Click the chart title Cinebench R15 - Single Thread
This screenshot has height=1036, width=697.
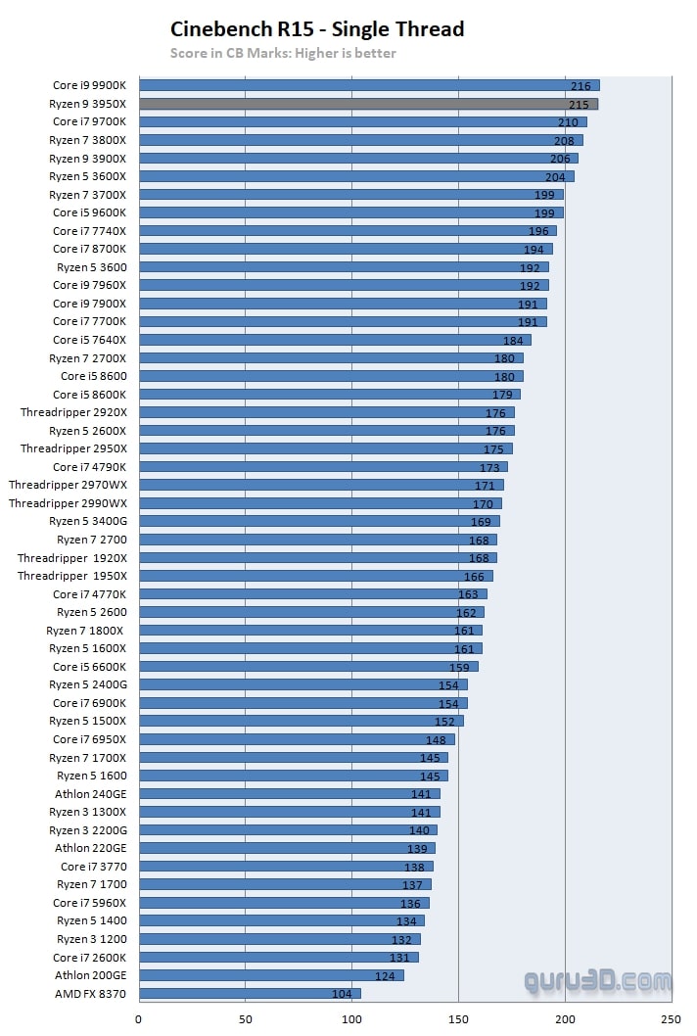pos(317,29)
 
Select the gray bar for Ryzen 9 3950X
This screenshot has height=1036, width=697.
pos(368,104)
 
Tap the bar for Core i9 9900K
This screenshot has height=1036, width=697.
pos(369,86)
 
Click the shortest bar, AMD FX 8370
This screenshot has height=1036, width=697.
pos(250,994)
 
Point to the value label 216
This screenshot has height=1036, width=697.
pos(581,86)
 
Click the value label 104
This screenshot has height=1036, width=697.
pos(343,994)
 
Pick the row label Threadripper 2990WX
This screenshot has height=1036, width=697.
pos(68,503)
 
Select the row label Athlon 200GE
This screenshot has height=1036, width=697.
pos(90,975)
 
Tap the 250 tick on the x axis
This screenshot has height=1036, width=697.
pos(672,1019)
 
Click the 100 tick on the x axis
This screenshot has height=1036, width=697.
pos(351,1019)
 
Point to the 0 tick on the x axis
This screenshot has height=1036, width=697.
pos(139,1019)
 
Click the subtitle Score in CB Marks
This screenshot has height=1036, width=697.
pos(284,53)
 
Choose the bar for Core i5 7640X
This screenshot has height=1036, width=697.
pos(335,340)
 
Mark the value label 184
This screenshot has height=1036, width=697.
pos(513,340)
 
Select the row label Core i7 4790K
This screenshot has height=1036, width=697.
pos(89,467)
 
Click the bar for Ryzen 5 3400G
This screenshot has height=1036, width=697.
pos(319,522)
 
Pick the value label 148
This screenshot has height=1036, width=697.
pos(436,739)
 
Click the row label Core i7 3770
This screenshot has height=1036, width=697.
pos(93,867)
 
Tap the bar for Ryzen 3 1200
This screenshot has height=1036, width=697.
pos(279,939)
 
